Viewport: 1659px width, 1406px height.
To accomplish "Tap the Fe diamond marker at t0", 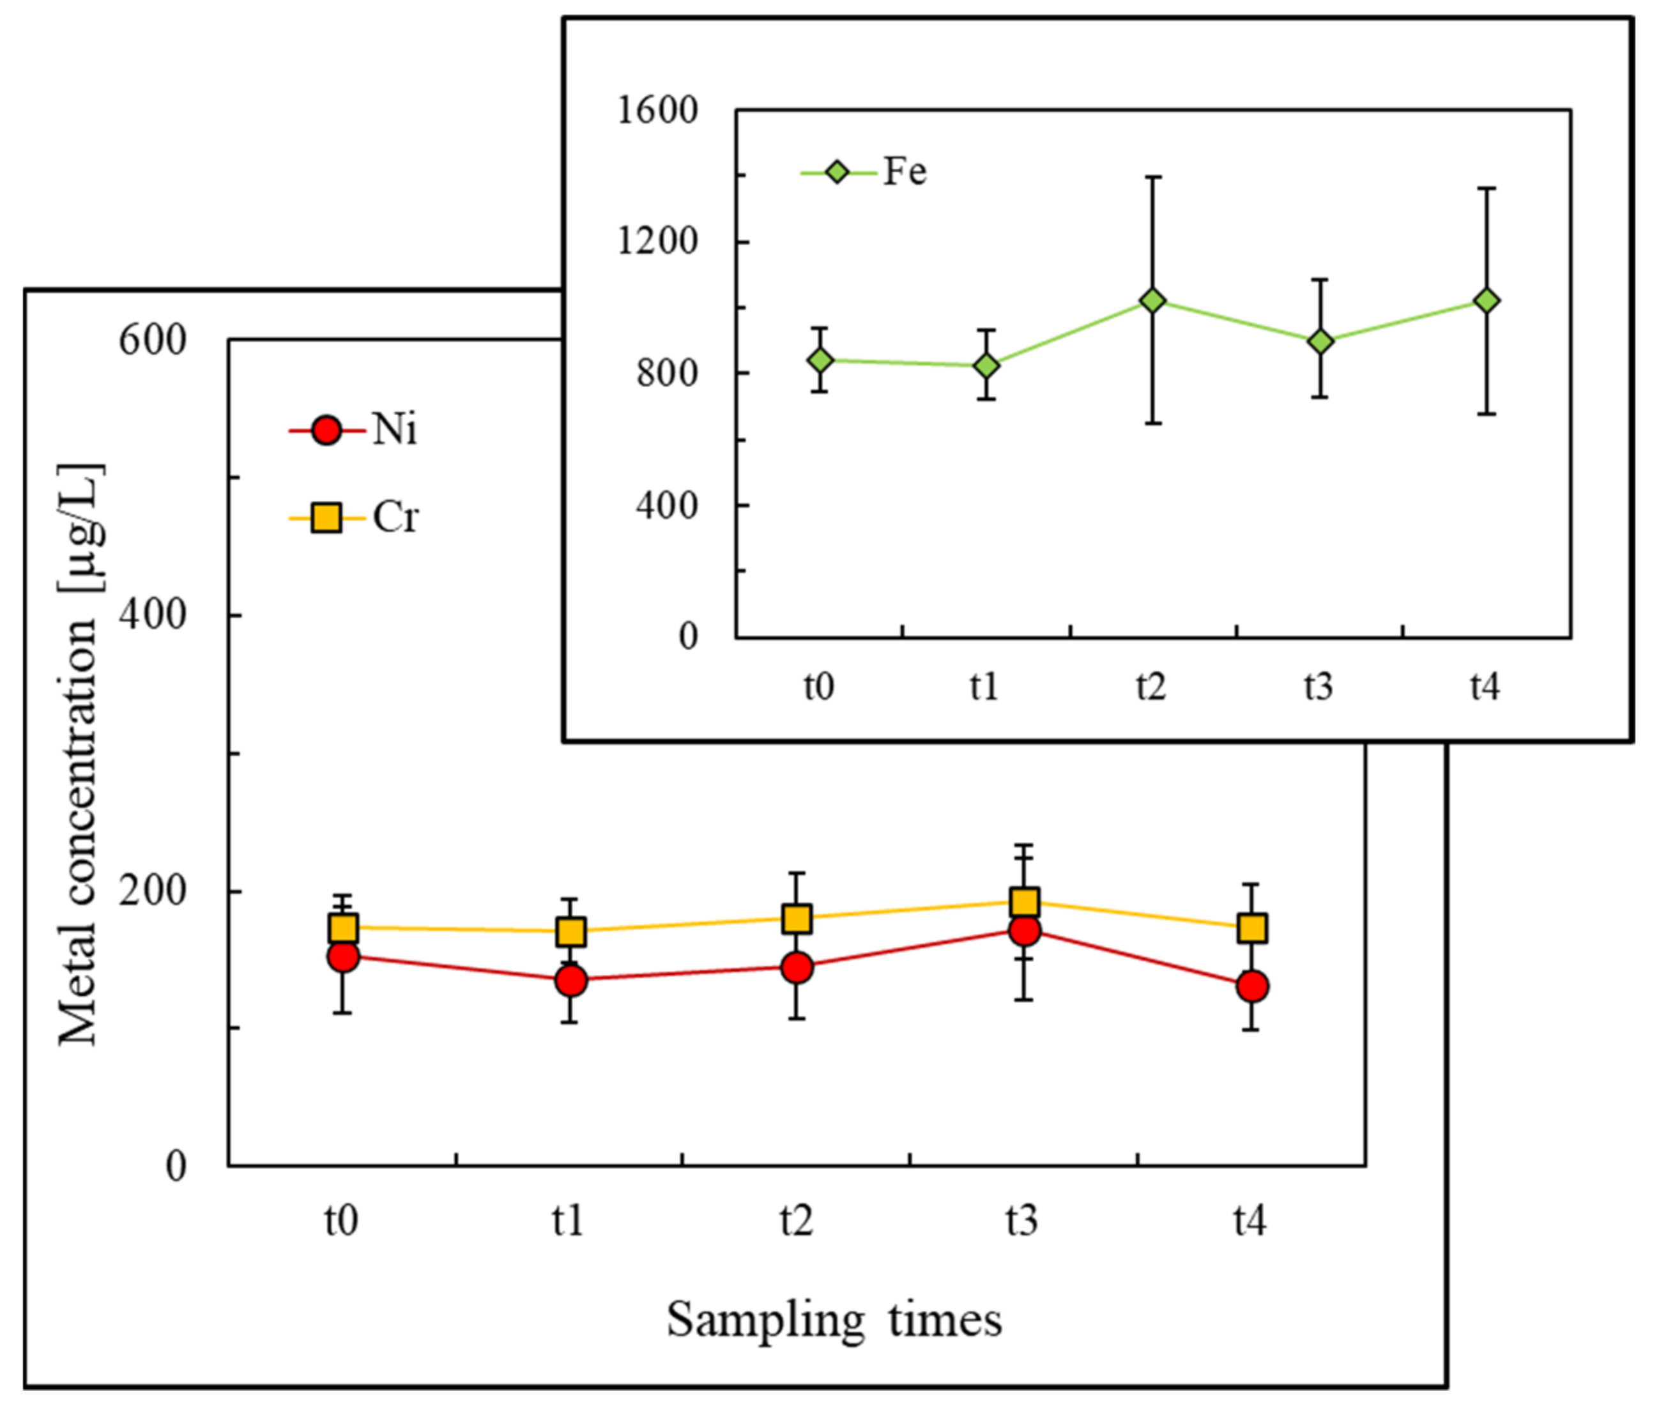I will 820,360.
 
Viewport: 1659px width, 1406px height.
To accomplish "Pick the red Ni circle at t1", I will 571,981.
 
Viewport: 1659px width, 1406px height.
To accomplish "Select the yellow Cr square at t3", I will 1025,901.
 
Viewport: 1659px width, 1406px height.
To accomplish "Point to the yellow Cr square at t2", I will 797,918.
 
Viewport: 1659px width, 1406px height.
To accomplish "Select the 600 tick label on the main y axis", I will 152,340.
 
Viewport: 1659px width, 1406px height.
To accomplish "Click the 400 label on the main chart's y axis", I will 152,615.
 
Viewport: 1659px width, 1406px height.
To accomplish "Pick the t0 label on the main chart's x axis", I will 341,1220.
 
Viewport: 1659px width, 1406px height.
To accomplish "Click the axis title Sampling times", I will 834,1320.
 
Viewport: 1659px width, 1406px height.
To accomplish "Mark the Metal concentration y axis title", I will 80,753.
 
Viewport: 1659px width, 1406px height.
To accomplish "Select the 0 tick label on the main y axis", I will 176,1166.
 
